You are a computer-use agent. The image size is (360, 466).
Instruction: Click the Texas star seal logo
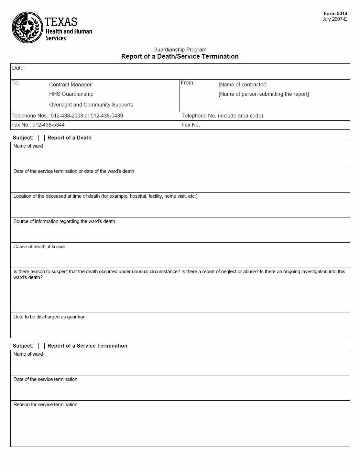tap(27, 28)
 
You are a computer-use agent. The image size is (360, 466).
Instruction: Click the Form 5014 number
tap(335, 14)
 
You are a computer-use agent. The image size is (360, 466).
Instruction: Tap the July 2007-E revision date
tap(334, 19)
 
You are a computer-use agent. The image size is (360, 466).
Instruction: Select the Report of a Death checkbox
tap(41, 138)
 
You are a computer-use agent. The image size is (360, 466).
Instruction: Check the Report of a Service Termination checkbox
tap(41, 346)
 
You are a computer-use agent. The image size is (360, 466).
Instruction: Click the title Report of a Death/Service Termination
tap(180, 56)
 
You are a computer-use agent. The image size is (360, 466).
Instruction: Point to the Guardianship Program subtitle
tap(180, 50)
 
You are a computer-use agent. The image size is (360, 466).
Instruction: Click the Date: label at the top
tap(18, 68)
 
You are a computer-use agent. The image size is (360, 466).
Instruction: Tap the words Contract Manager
tap(70, 84)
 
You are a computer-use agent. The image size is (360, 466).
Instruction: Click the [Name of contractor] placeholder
tap(243, 84)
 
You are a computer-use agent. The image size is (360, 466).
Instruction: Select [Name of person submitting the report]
tap(264, 94)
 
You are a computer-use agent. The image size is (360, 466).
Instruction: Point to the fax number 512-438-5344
tap(49, 125)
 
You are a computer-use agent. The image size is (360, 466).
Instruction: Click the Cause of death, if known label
tap(39, 247)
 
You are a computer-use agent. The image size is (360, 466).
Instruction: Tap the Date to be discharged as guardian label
tap(49, 317)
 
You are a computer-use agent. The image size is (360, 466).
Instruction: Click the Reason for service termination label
tap(45, 405)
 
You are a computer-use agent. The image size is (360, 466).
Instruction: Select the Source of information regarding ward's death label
tap(64, 221)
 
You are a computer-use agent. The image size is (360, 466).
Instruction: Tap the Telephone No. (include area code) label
tap(222, 116)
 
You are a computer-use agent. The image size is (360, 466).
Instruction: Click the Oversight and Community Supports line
tap(91, 105)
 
